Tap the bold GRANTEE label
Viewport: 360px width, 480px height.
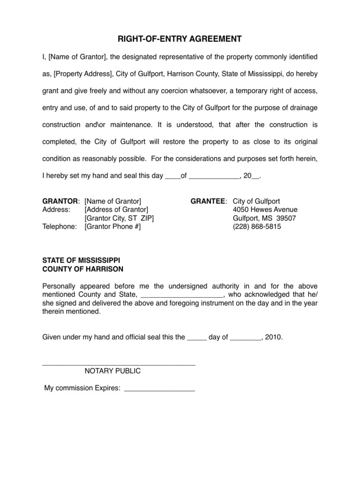coord(208,201)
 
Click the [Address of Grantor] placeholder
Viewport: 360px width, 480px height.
coord(116,210)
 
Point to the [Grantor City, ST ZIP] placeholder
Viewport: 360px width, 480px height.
coord(119,218)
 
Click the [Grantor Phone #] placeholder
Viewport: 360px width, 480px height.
coord(112,226)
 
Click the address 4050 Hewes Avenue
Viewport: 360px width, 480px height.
coord(265,210)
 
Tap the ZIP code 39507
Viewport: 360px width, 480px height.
coord(286,218)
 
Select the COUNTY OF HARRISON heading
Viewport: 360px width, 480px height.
coord(83,269)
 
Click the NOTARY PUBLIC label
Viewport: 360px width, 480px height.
coord(112,371)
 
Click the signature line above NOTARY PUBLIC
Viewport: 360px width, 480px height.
coord(119,364)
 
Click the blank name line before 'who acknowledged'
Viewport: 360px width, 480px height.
coord(182,295)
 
